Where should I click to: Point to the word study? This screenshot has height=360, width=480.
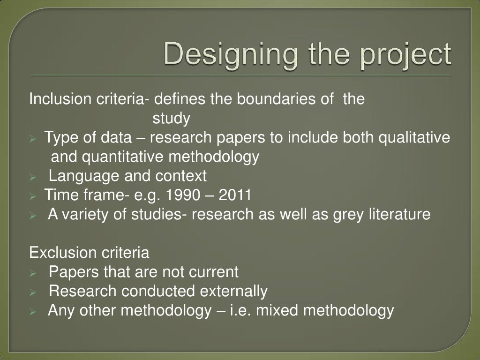click(x=171, y=119)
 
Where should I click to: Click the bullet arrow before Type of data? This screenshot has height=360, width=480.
click(x=32, y=139)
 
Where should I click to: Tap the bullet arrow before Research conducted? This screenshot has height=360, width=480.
click(x=32, y=292)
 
